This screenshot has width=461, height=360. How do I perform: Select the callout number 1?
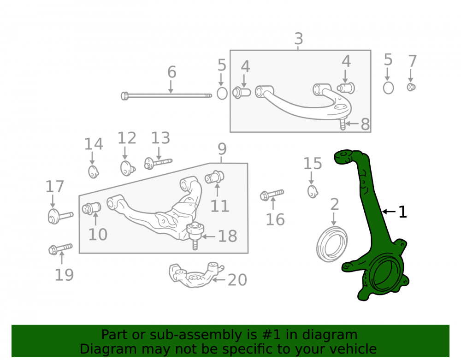[x=402, y=212]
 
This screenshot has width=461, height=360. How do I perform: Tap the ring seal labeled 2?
[x=332, y=244]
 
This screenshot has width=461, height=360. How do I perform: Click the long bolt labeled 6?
[x=166, y=96]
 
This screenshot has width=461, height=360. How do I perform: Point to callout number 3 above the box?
[x=299, y=39]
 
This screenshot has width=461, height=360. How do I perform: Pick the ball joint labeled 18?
[x=195, y=235]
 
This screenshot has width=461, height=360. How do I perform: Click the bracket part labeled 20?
[x=196, y=275]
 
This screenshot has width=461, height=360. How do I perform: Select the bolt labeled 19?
[x=60, y=249]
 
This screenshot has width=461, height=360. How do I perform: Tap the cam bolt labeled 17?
[x=60, y=217]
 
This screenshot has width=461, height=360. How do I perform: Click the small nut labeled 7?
[x=411, y=87]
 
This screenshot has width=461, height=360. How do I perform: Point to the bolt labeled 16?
[x=272, y=195]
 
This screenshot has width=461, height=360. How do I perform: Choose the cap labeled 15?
[x=313, y=192]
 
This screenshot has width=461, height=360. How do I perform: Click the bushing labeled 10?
[x=91, y=208]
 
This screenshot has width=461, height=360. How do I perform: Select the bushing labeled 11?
[x=214, y=177]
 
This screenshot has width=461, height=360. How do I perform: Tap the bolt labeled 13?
[x=158, y=163]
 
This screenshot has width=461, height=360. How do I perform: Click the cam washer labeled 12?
[x=128, y=168]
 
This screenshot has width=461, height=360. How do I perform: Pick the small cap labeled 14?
[x=94, y=172]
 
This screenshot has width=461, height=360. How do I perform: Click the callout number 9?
[x=222, y=149]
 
